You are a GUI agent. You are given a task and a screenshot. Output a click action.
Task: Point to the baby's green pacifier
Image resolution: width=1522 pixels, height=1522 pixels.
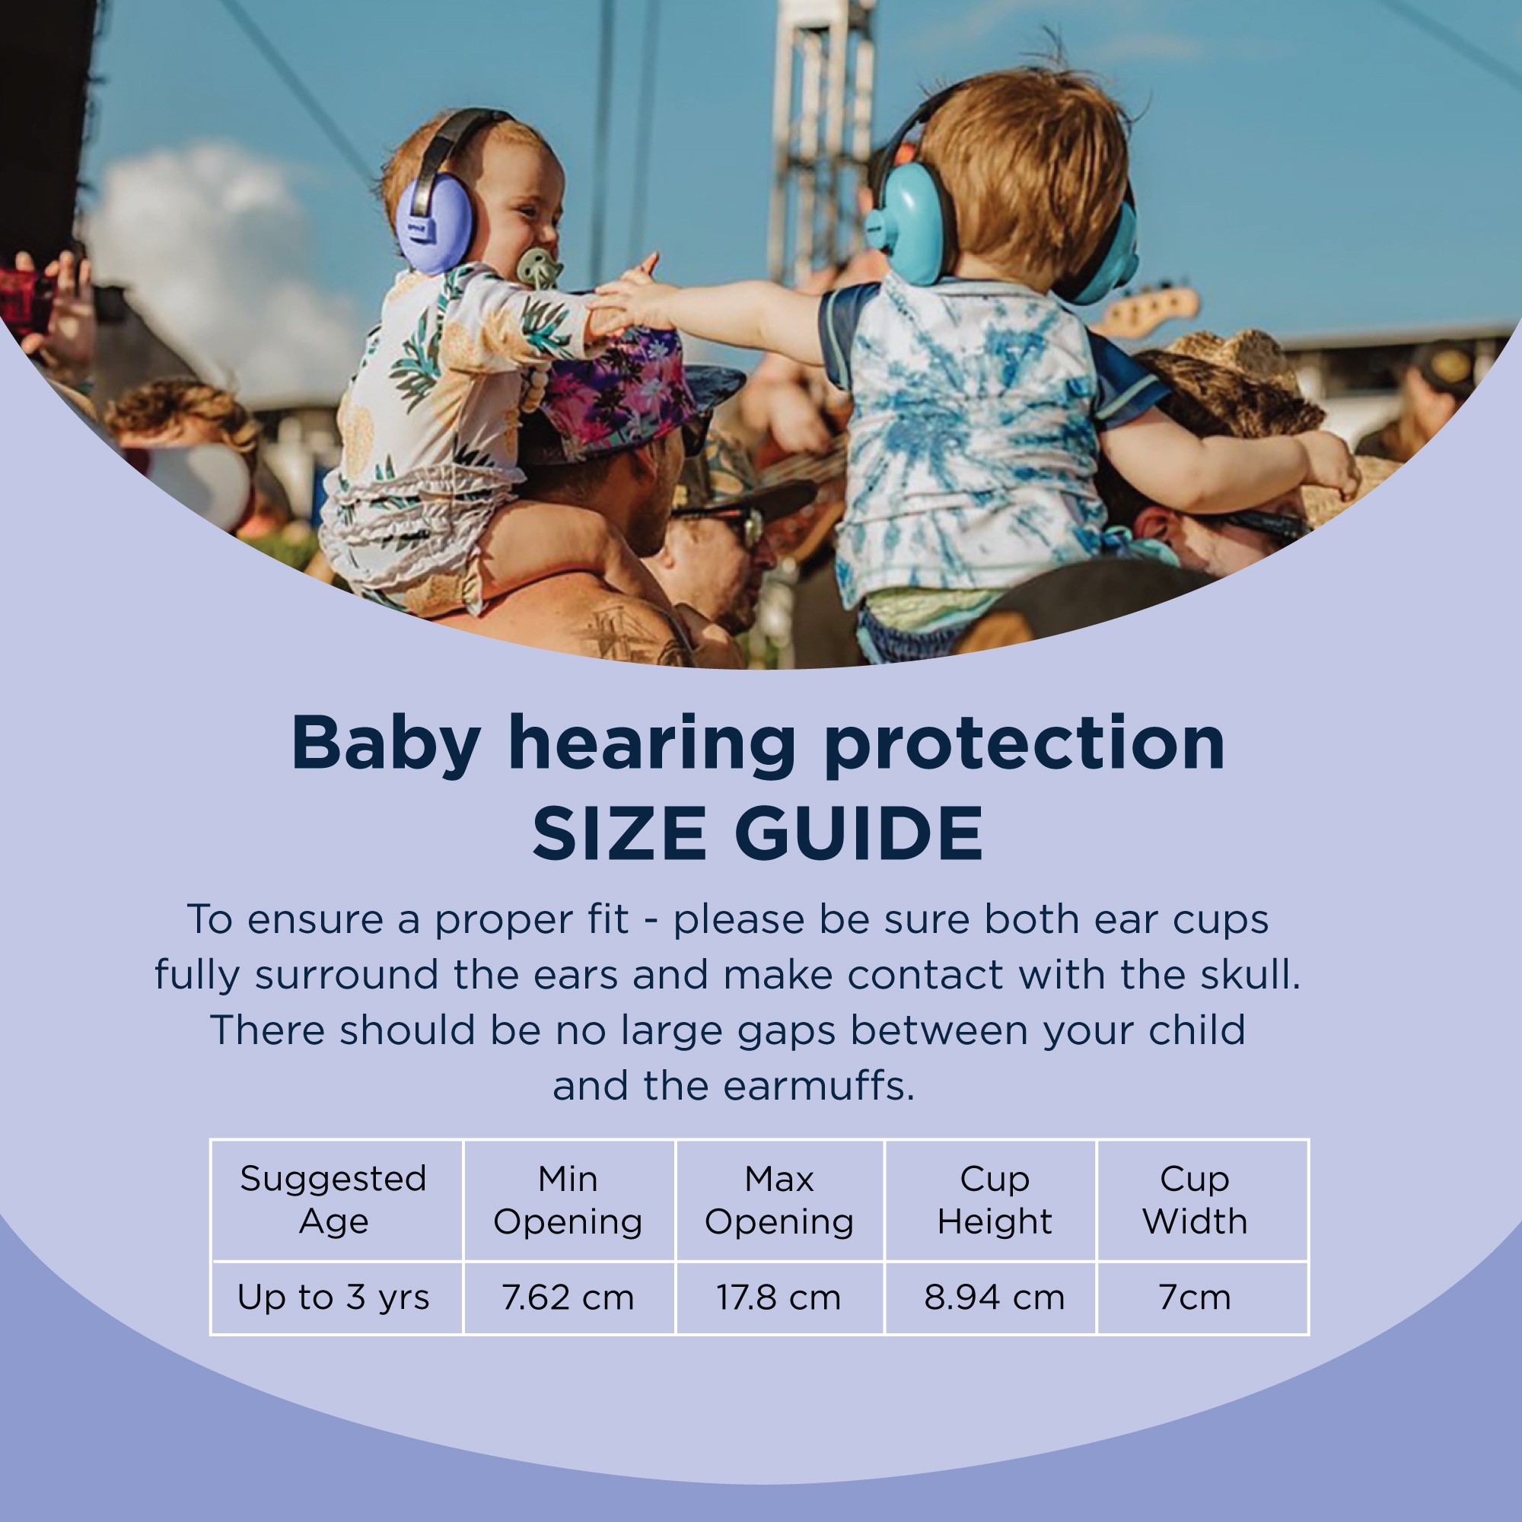pyautogui.click(x=539, y=268)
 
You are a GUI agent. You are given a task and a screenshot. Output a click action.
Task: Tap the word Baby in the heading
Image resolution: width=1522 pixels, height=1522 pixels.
pyautogui.click(x=385, y=745)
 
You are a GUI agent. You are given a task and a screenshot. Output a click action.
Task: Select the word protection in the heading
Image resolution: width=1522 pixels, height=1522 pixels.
pyautogui.click(x=1024, y=745)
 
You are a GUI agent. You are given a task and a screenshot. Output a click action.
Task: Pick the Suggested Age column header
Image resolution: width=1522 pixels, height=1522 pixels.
pyautogui.click(x=333, y=1200)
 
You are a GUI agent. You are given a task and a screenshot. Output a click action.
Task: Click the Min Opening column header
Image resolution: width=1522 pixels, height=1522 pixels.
pyautogui.click(x=568, y=1200)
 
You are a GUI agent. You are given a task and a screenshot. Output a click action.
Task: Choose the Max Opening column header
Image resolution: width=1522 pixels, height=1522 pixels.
pyautogui.click(x=779, y=1200)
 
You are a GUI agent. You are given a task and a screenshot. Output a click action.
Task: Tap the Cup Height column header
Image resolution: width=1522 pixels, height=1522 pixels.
pyautogui.click(x=994, y=1200)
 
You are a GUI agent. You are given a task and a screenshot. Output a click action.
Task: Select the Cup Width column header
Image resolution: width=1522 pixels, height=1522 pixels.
pyautogui.click(x=1195, y=1200)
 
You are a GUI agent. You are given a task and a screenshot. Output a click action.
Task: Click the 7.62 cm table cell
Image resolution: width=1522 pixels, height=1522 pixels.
pyautogui.click(x=568, y=1298)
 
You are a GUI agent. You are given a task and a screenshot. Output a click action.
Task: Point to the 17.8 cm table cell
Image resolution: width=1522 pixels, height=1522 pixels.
pyautogui.click(x=779, y=1298)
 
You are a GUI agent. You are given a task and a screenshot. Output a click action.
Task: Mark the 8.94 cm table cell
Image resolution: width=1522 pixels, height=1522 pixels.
pyautogui.click(x=994, y=1298)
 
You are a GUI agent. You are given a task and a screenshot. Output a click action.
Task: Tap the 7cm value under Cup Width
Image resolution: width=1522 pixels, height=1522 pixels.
pyautogui.click(x=1195, y=1298)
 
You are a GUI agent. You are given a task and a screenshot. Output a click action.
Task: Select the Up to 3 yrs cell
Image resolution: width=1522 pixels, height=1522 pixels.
pyautogui.click(x=333, y=1298)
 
